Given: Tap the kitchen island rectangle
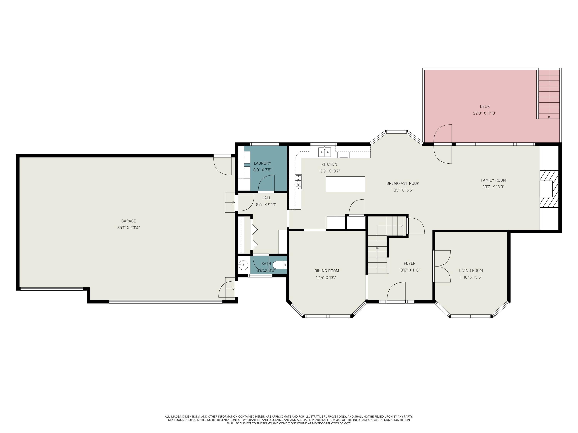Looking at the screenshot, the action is coord(345,184).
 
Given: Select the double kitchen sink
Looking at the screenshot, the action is coord(324,152).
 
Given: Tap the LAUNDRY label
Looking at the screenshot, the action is coord(262,163).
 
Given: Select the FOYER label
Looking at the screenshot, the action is coord(409,263).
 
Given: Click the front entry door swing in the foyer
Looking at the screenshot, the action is coord(396,292).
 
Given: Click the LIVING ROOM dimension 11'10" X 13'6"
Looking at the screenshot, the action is coord(471,277).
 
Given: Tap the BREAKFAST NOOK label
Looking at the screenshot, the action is coord(403,183).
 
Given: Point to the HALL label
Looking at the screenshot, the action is coord(266,198).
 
